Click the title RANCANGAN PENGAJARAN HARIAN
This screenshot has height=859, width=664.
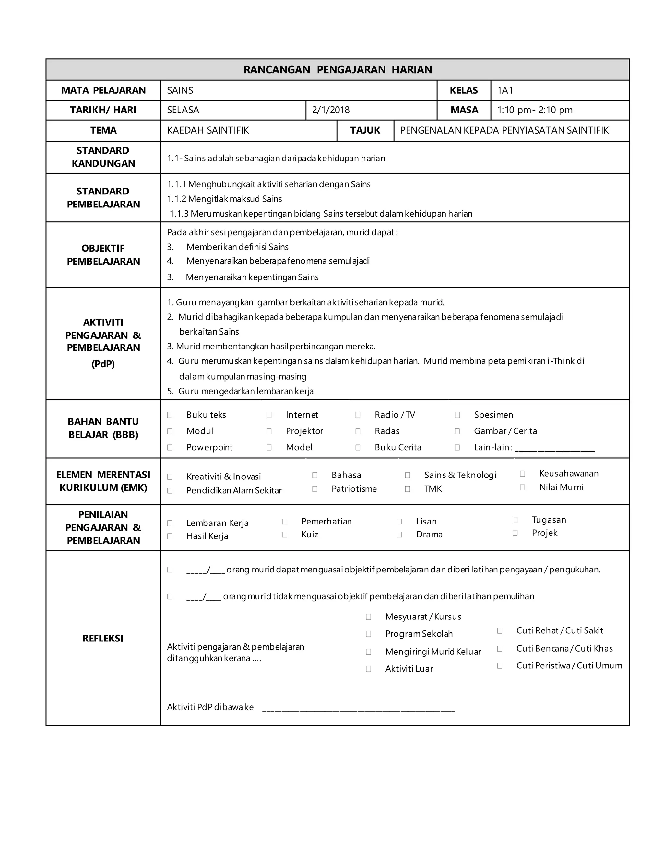[338, 70]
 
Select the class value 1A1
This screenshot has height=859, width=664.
[505, 90]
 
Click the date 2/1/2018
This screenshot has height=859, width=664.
[330, 110]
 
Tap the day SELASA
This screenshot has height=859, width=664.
[183, 110]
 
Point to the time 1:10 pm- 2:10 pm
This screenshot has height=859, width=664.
[535, 110]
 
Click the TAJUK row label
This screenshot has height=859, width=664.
[365, 131]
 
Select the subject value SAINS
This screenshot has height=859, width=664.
[180, 90]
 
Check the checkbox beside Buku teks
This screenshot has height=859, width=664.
[170, 415]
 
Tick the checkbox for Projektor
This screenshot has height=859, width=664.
[269, 431]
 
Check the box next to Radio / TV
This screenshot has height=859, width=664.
[358, 415]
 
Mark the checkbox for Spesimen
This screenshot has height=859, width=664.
[457, 415]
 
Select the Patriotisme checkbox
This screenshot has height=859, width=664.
[315, 489]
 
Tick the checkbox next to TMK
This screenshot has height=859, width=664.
[408, 489]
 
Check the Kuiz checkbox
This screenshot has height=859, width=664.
[284, 535]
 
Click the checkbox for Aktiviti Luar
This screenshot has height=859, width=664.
[369, 669]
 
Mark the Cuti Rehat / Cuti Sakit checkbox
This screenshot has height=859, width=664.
[500, 631]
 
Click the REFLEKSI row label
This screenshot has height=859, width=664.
[103, 638]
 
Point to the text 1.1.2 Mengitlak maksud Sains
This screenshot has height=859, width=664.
[224, 199]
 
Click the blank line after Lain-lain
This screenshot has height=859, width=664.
[555, 448]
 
